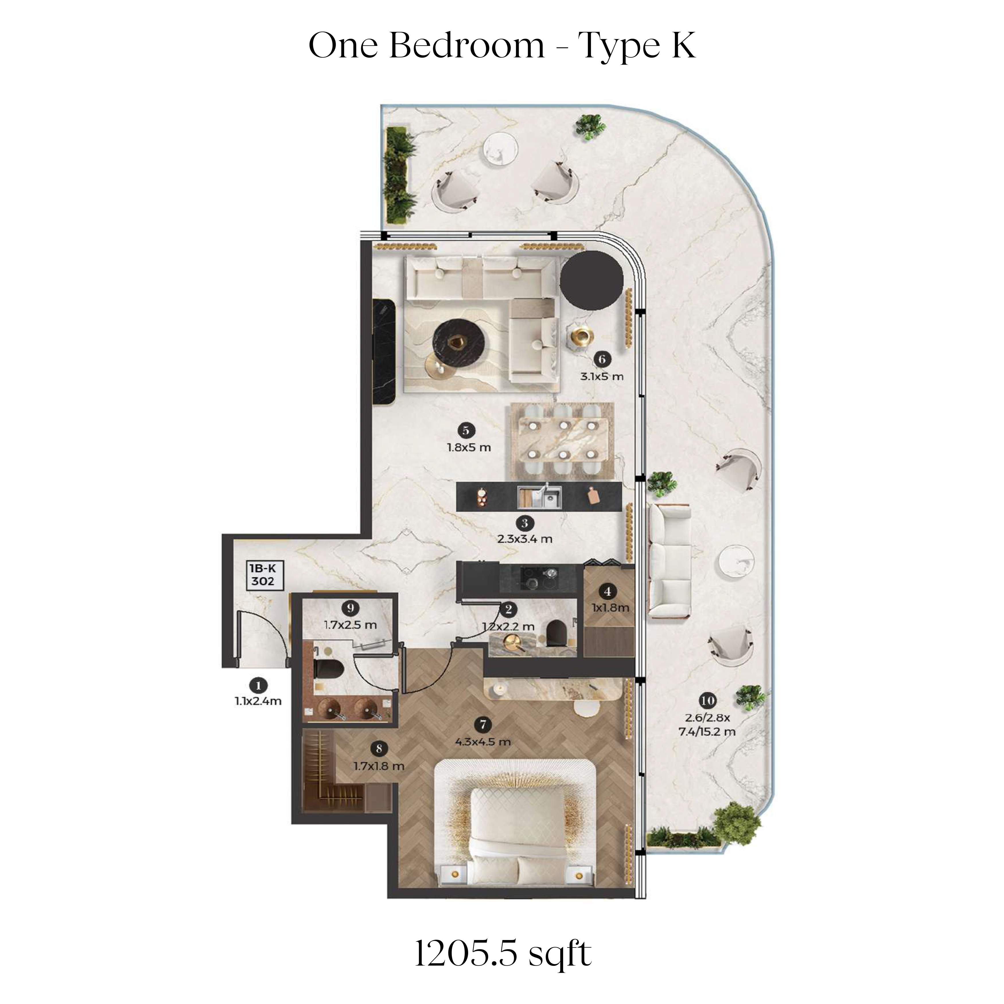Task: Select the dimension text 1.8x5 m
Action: pos(469,447)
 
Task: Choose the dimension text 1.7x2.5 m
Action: pos(350,625)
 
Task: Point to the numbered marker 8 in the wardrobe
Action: pos(379,748)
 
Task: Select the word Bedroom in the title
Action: pos(467,46)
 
